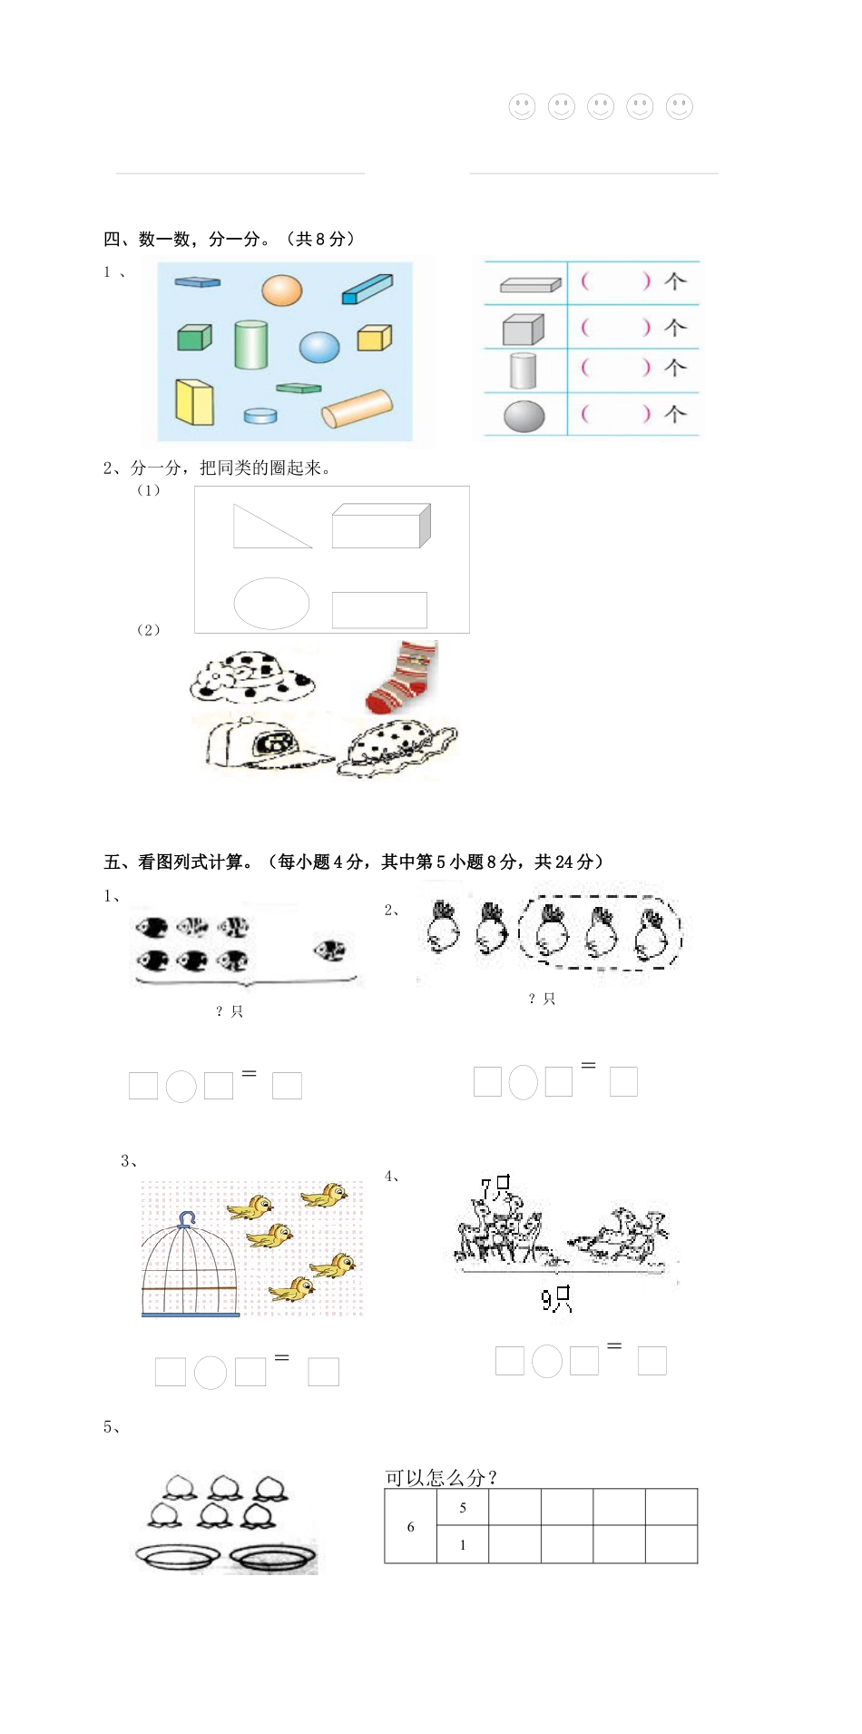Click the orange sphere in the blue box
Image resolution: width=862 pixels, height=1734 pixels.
click(x=281, y=291)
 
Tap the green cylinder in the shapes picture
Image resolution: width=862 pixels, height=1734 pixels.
click(x=250, y=344)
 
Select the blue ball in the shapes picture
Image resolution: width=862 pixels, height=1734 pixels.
click(x=319, y=346)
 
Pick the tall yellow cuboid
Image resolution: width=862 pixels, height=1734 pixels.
click(x=194, y=401)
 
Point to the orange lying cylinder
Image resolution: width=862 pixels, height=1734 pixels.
click(x=358, y=409)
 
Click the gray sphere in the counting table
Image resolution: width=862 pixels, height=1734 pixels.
click(x=524, y=416)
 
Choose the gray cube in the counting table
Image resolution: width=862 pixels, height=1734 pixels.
click(x=524, y=329)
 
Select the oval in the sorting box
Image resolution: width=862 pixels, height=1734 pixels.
click(x=271, y=603)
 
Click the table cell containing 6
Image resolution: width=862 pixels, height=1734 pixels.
click(x=410, y=1527)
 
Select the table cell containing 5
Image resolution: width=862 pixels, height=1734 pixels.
click(x=463, y=1508)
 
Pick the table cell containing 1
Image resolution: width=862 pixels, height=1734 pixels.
click(x=463, y=1544)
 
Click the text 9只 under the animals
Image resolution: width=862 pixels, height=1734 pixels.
click(x=556, y=1300)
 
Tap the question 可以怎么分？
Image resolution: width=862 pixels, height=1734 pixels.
click(x=442, y=1477)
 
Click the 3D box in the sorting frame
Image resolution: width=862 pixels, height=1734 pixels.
click(x=380, y=526)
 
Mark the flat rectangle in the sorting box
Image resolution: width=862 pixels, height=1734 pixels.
click(x=379, y=609)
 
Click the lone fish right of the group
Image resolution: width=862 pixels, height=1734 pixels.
click(x=329, y=951)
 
